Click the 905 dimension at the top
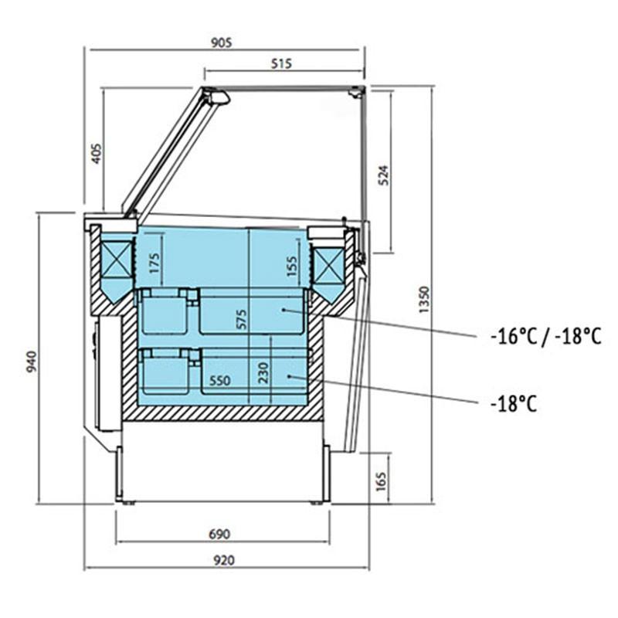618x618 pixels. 222,42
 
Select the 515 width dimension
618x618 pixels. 281,63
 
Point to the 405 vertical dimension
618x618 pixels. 97,154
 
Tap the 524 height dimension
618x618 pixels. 383,175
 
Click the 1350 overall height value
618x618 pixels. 423,300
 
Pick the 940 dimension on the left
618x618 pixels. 31,362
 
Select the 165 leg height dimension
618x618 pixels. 381,481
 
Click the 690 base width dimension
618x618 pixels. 219,534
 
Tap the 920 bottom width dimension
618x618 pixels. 223,560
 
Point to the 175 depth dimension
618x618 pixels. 154,263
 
